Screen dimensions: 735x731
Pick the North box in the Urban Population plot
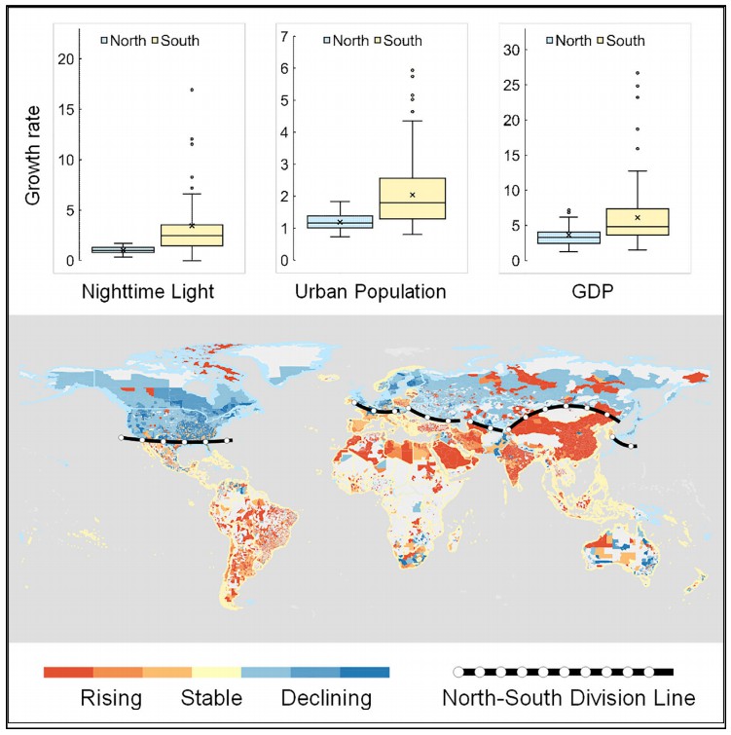click(x=339, y=222)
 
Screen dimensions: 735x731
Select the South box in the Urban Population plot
click(x=413, y=199)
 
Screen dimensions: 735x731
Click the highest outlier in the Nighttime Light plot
click(x=192, y=90)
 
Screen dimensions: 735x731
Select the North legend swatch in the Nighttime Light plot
click(x=105, y=41)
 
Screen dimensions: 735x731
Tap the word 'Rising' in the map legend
click(x=112, y=698)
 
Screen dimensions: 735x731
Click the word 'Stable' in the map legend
click(x=211, y=698)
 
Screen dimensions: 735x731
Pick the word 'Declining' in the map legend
click(x=326, y=698)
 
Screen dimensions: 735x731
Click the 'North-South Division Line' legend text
click(x=567, y=698)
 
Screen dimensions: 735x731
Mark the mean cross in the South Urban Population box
click(x=413, y=195)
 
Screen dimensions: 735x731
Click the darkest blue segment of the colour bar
click(x=365, y=672)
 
